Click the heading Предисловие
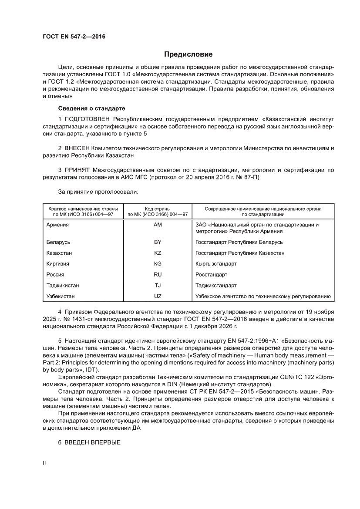188,54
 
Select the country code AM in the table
158,225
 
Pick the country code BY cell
158,242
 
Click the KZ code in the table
158,253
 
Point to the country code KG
158,264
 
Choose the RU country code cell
158,275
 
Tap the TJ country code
158,286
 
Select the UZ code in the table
158,297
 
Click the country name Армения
57,225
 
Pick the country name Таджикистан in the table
63,286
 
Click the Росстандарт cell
212,275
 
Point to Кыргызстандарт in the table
216,264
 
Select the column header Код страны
158,209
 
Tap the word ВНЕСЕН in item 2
77,148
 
